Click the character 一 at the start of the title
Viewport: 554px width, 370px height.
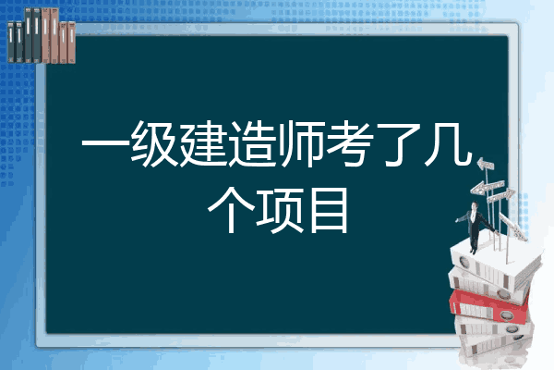tap(104, 144)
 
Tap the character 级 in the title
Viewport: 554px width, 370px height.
tap(153, 143)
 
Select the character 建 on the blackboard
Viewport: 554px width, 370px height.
tap(203, 143)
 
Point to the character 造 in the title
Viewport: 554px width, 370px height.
tap(252, 143)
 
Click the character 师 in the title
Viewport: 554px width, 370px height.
tap(301, 143)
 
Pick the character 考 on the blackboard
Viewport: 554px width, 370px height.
tap(350, 143)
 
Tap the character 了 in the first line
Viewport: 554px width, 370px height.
tap(399, 144)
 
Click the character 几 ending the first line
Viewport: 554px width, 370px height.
tap(449, 144)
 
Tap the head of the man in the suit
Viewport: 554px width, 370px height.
tap(475, 205)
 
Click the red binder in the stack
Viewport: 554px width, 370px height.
tap(488, 306)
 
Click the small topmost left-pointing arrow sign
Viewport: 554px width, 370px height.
tap(486, 165)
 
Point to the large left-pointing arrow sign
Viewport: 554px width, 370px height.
tap(487, 187)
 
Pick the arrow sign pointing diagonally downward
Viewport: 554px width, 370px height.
tap(512, 227)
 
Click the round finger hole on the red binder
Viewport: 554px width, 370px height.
tap(506, 314)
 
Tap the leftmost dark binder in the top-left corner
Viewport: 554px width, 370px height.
tap(11, 42)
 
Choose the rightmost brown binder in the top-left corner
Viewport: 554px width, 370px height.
tap(71, 43)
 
